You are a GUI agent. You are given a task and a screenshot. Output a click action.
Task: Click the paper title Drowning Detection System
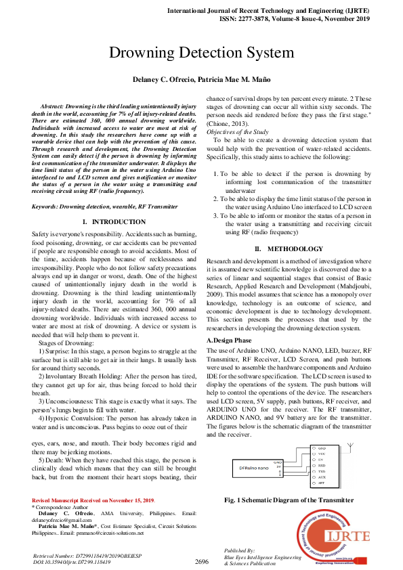click(201, 53)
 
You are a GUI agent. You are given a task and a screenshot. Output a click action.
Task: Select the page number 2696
click(201, 562)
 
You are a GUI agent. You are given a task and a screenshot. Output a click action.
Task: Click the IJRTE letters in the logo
click(348, 536)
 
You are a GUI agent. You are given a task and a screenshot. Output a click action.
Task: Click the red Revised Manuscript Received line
click(82, 501)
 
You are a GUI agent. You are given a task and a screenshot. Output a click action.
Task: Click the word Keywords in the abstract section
click(48, 206)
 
